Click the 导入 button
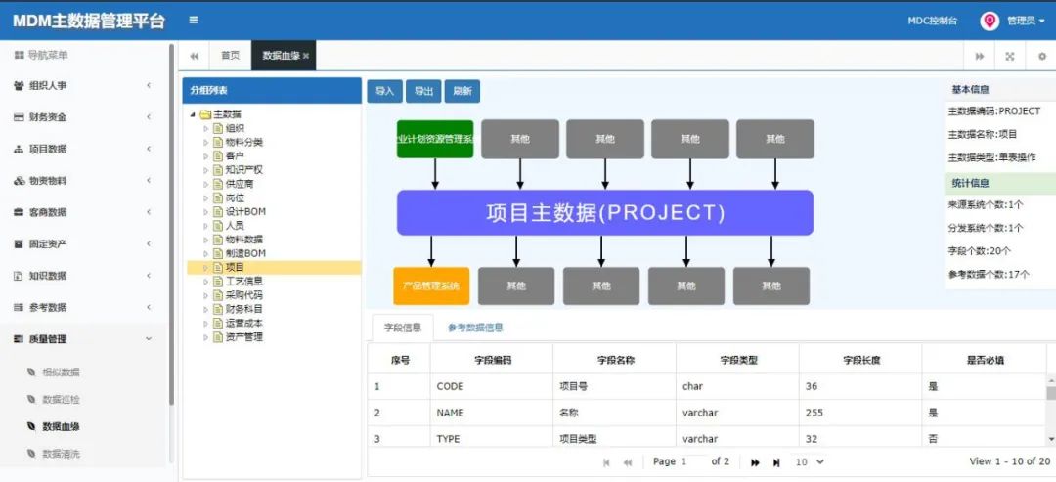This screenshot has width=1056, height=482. pos(384,91)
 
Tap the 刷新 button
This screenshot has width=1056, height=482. pos(462,91)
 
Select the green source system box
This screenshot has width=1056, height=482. pos(435,139)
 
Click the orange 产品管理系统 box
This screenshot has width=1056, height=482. pos(431,285)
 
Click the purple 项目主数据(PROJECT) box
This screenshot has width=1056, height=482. pos(604,212)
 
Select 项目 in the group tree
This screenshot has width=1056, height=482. pos(235,267)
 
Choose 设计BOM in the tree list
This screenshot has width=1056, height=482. pos(245,211)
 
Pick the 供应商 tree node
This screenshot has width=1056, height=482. pos(239,184)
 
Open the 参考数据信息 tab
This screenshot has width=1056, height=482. pos(475,328)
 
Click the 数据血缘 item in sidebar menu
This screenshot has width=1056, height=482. pos(61,426)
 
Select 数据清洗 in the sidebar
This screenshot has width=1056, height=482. pos(61,454)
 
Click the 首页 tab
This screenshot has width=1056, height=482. pos(230,56)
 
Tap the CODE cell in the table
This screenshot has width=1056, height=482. pos(450,386)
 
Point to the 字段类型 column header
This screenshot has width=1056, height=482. pos(738,360)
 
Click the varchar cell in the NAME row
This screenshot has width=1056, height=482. pos(700,413)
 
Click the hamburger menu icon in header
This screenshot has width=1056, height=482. pos(194,20)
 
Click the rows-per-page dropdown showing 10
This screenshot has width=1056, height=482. pos(809,461)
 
